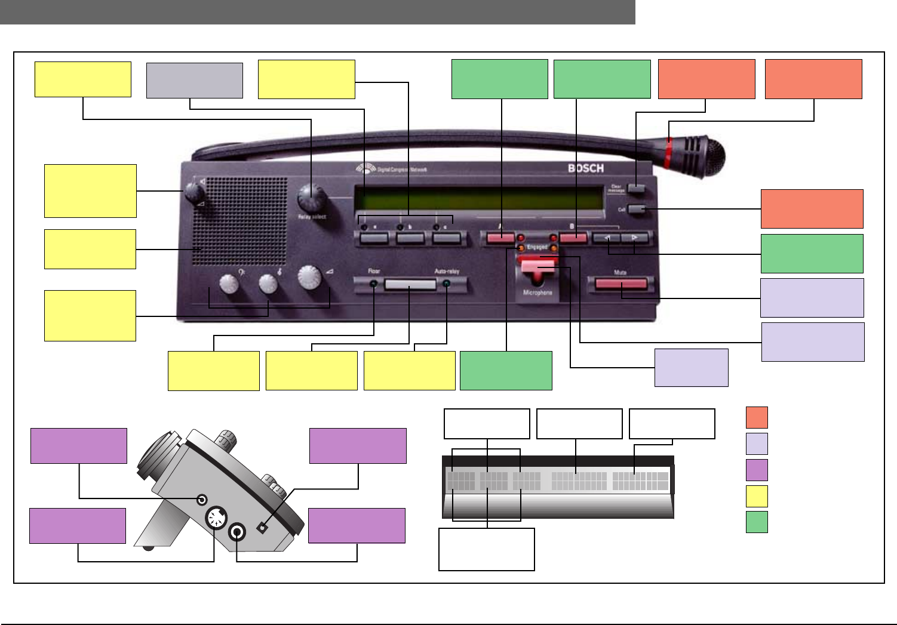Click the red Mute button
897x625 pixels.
pyautogui.click(x=621, y=284)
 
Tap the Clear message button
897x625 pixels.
pyautogui.click(x=637, y=189)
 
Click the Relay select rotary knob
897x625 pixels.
pyautogui.click(x=310, y=196)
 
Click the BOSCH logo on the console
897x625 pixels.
pyautogui.click(x=585, y=168)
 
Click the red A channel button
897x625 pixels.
pyautogui.click(x=500, y=238)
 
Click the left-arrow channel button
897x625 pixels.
pyautogui.click(x=608, y=238)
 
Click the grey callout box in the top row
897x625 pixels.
pyautogui.click(x=195, y=81)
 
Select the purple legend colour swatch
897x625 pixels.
pyautogui.click(x=757, y=470)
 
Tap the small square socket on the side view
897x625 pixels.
pyautogui.click(x=262, y=528)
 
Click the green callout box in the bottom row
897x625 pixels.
pyautogui.click(x=506, y=371)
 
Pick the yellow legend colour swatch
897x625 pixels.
pyautogui.click(x=757, y=496)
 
